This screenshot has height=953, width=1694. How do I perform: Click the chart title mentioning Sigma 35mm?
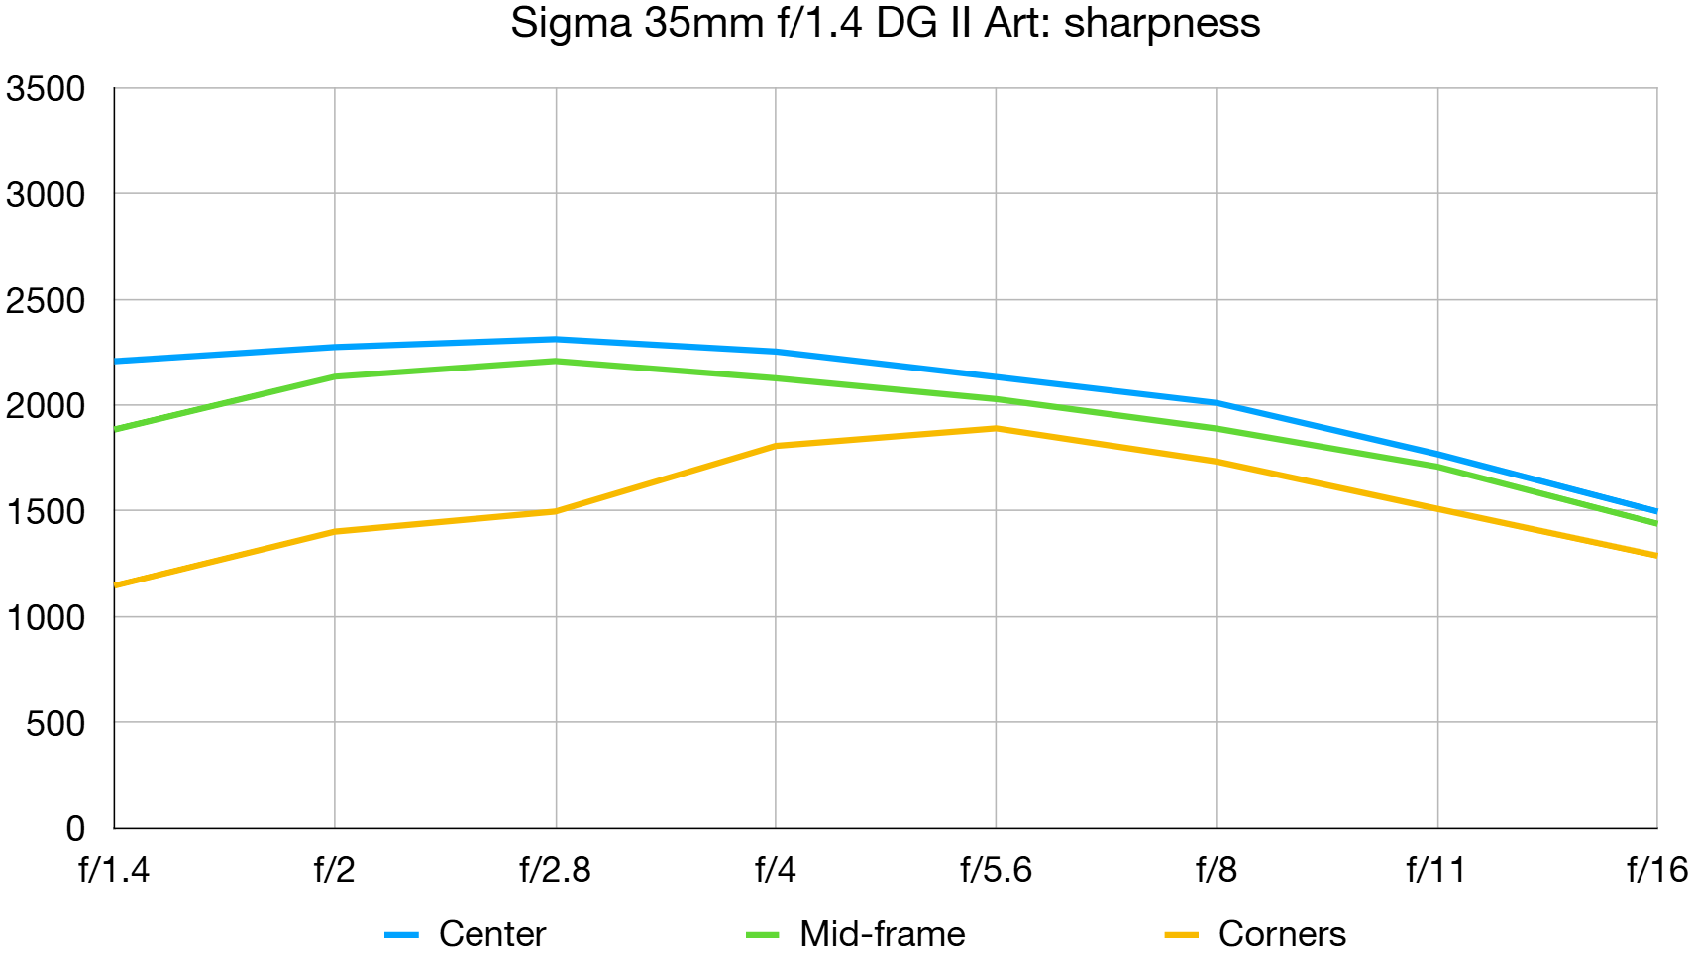tap(885, 23)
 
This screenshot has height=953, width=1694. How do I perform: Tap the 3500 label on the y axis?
tap(46, 89)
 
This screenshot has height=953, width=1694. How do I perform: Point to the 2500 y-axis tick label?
tap(46, 301)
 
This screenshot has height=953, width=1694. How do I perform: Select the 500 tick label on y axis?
tap(55, 724)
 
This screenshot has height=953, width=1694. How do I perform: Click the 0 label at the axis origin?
tap(75, 828)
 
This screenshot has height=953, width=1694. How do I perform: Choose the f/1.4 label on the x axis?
tap(114, 870)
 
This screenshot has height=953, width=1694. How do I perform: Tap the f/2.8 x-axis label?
tap(555, 870)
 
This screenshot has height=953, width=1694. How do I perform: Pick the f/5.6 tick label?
tap(996, 870)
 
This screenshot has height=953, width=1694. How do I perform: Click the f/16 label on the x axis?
tap(1656, 870)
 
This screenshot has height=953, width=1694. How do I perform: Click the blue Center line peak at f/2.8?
tap(556, 339)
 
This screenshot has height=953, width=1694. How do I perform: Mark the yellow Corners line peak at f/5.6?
tap(996, 428)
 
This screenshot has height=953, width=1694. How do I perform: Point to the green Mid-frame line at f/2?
tap(335, 376)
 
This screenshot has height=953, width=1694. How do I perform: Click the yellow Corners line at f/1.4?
tap(117, 585)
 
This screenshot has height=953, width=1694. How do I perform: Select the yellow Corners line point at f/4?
tap(776, 446)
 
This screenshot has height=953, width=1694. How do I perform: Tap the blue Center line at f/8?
tap(1217, 403)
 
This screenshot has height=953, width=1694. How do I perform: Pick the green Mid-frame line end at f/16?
tap(1654, 523)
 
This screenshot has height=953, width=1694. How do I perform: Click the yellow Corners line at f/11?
tap(1437, 509)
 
